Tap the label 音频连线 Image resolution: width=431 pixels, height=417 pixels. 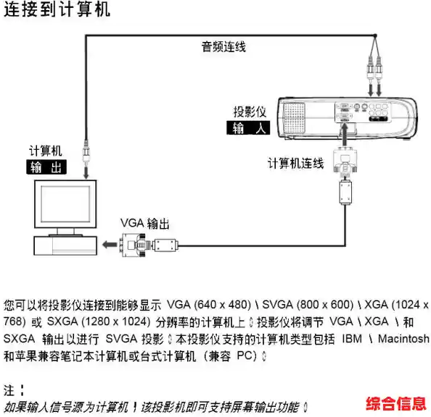(x=223, y=47)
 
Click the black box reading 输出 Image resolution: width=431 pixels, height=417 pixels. (x=46, y=167)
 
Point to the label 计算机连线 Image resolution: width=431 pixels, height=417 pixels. (x=295, y=164)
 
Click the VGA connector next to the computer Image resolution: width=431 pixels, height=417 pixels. (x=138, y=246)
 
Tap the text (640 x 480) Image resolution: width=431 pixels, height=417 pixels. (x=219, y=303)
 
